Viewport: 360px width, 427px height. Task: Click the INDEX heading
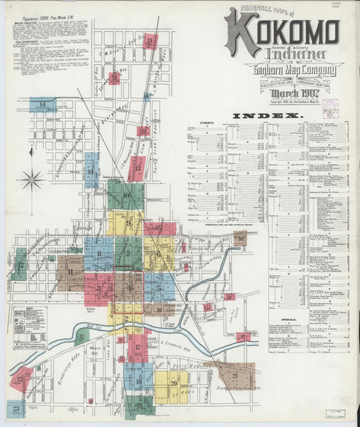tap(275, 116)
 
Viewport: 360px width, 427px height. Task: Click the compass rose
tap(31, 180)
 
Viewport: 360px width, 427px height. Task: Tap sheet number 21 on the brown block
tap(235, 375)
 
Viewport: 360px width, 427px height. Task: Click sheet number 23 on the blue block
tap(15, 408)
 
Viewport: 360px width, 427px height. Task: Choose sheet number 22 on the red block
tap(20, 380)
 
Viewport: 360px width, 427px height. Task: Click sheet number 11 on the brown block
tap(70, 272)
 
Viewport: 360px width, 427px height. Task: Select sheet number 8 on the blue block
tap(99, 254)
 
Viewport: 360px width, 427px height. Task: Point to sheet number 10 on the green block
tap(126, 196)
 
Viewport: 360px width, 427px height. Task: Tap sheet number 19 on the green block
tap(138, 405)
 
